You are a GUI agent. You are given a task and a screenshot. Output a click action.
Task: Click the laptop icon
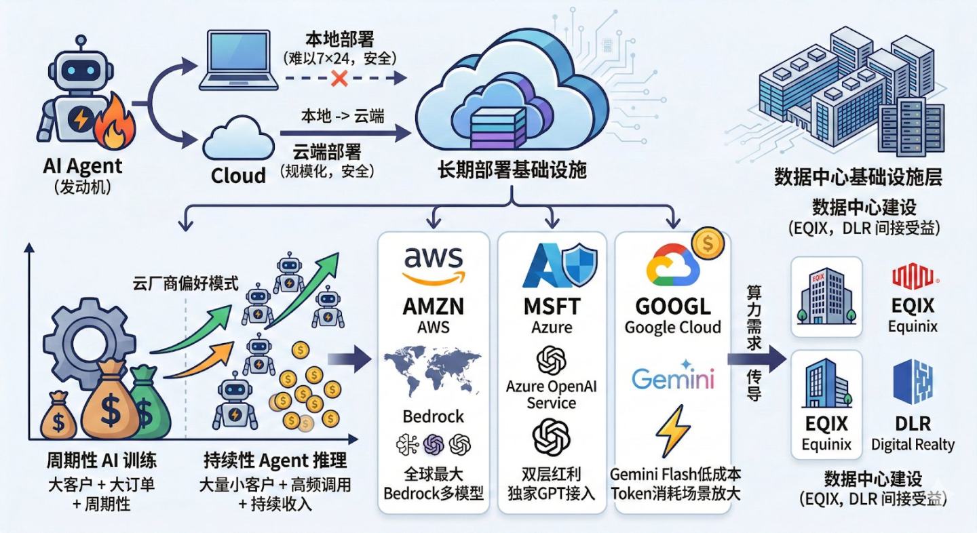(x=240, y=64)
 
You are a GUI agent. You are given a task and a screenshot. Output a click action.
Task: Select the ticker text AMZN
(x=433, y=306)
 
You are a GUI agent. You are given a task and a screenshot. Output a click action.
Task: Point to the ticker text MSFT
(x=552, y=306)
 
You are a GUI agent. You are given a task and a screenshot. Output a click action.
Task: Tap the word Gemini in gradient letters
(x=672, y=377)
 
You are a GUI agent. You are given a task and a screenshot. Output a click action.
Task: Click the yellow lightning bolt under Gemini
(x=672, y=431)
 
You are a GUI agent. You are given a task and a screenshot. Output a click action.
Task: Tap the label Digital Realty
(x=913, y=445)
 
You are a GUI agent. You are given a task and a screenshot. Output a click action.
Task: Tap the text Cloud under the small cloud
(x=238, y=176)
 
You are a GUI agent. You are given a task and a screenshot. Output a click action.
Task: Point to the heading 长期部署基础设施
(x=512, y=169)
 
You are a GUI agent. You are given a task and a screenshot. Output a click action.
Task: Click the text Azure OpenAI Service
(x=551, y=395)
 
